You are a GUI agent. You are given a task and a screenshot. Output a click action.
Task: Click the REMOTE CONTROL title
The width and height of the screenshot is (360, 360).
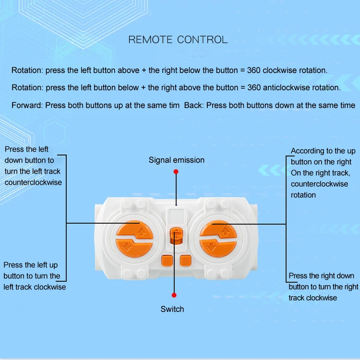tap(178, 39)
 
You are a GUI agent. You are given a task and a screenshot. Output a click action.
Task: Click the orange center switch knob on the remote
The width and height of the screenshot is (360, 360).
tap(176, 236)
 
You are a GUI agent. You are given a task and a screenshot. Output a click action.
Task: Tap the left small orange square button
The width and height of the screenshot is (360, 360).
tap(167, 260)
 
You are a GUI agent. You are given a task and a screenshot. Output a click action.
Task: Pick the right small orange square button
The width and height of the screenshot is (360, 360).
tap(185, 260)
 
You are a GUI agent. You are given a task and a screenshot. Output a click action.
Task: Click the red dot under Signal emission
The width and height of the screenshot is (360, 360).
tap(176, 171)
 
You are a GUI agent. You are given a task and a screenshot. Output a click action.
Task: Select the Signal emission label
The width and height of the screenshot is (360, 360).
tap(176, 160)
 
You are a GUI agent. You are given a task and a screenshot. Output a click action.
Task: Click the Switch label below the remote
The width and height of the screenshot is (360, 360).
tap(172, 309)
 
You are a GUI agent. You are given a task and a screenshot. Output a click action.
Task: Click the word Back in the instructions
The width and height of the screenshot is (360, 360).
tap(193, 105)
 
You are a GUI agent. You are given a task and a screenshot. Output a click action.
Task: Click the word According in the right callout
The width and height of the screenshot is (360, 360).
tap(308, 151)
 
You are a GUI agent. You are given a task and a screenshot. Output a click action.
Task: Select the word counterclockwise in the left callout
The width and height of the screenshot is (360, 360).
tap(34, 182)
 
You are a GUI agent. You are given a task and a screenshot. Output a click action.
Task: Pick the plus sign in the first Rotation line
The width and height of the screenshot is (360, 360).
tap(144, 70)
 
